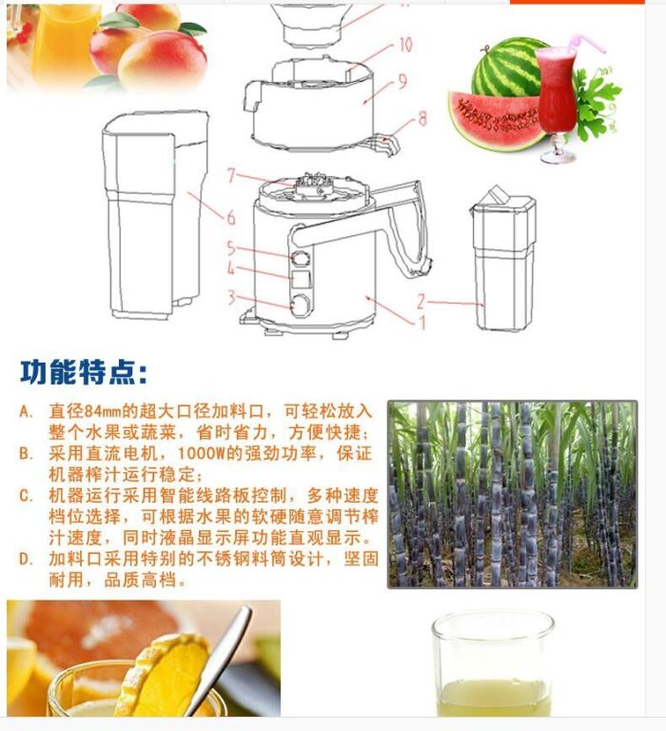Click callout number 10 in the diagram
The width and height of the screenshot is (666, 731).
[405, 45]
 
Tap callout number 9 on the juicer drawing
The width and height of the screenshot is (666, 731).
[402, 81]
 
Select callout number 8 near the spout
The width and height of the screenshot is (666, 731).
[422, 118]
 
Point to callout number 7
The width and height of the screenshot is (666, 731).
[231, 175]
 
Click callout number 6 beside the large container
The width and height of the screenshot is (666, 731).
[230, 217]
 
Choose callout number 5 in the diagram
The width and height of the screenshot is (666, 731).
[230, 248]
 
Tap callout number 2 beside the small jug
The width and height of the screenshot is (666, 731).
[421, 302]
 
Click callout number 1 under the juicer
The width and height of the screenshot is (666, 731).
[422, 322]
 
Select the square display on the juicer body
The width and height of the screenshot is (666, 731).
[301, 279]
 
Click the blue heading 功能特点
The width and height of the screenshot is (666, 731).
[84, 371]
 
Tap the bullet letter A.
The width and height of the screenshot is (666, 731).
[26, 411]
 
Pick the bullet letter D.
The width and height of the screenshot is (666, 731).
[26, 559]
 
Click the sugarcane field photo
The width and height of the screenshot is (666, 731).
[512, 494]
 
